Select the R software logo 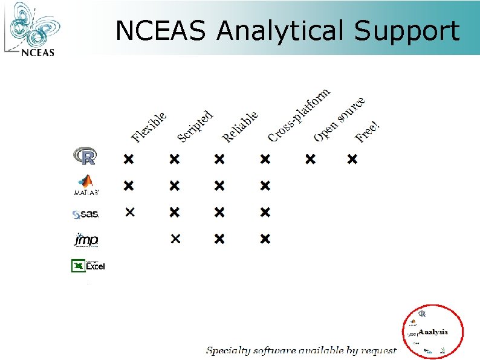(x=85, y=156)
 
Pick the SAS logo (x=85, y=213)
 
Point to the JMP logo (x=86, y=240)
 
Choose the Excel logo (x=88, y=265)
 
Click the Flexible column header (x=149, y=127)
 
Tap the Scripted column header (x=195, y=126)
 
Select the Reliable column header (x=240, y=126)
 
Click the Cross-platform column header (x=299, y=115)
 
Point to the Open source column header (x=339, y=119)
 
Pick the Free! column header (x=368, y=132)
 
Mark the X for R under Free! (x=352, y=159)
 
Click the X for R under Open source (x=310, y=159)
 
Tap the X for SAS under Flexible (x=129, y=212)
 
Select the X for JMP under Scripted (x=175, y=239)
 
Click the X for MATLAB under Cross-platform (x=265, y=185)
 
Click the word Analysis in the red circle (x=433, y=332)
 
